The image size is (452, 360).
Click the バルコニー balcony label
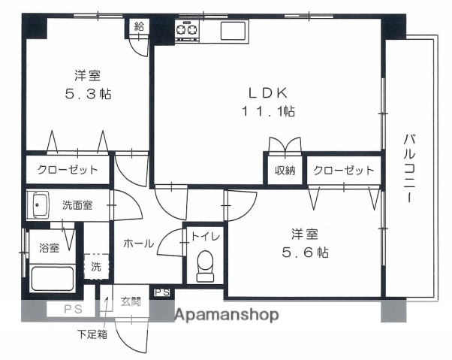tap(410, 169)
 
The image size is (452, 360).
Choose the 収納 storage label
tap(283, 171)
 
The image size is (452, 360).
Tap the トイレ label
tap(205, 236)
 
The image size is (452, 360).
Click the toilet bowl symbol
tap(203, 266)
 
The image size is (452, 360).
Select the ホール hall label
tap(138, 244)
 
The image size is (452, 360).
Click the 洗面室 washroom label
tap(77, 205)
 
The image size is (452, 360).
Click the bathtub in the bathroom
tap(52, 279)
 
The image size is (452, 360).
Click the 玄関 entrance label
tap(131, 302)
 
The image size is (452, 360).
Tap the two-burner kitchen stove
tap(186, 30)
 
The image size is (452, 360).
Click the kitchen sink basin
tap(232, 31)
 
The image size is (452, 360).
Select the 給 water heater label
tap(138, 27)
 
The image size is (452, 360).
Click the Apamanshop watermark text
tap(228, 315)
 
